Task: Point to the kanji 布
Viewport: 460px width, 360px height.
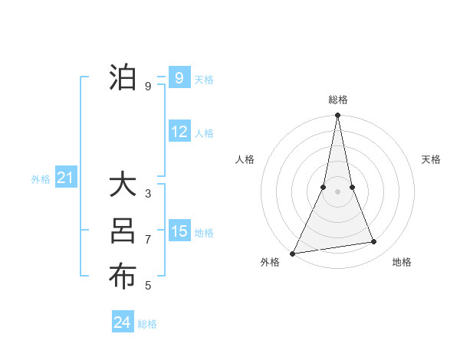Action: coord(123,277)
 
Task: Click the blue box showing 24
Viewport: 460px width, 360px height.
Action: coord(123,322)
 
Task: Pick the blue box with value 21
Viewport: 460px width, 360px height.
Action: coord(66,178)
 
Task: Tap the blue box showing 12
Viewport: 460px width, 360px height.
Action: coord(179,132)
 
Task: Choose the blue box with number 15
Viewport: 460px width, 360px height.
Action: coord(179,231)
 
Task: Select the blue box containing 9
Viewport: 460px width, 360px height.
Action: coord(179,77)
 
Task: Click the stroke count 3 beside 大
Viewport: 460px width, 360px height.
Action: coord(148,194)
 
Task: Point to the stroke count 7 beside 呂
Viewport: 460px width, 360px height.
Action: coord(148,240)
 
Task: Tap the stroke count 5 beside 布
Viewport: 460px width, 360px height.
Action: coord(148,286)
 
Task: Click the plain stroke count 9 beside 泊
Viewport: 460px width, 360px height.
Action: coord(148,86)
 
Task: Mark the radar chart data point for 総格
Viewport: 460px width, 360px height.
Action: coord(337,116)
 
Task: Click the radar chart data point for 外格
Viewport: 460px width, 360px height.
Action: coord(292,253)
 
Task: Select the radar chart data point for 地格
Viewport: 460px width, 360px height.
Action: coord(374,242)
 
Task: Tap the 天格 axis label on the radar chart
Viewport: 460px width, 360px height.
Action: coord(431,159)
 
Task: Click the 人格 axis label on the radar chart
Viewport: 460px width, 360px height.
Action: coord(245,159)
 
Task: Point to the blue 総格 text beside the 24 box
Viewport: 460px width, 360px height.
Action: coord(147,324)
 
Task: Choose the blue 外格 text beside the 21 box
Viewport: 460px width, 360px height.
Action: coord(41,179)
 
